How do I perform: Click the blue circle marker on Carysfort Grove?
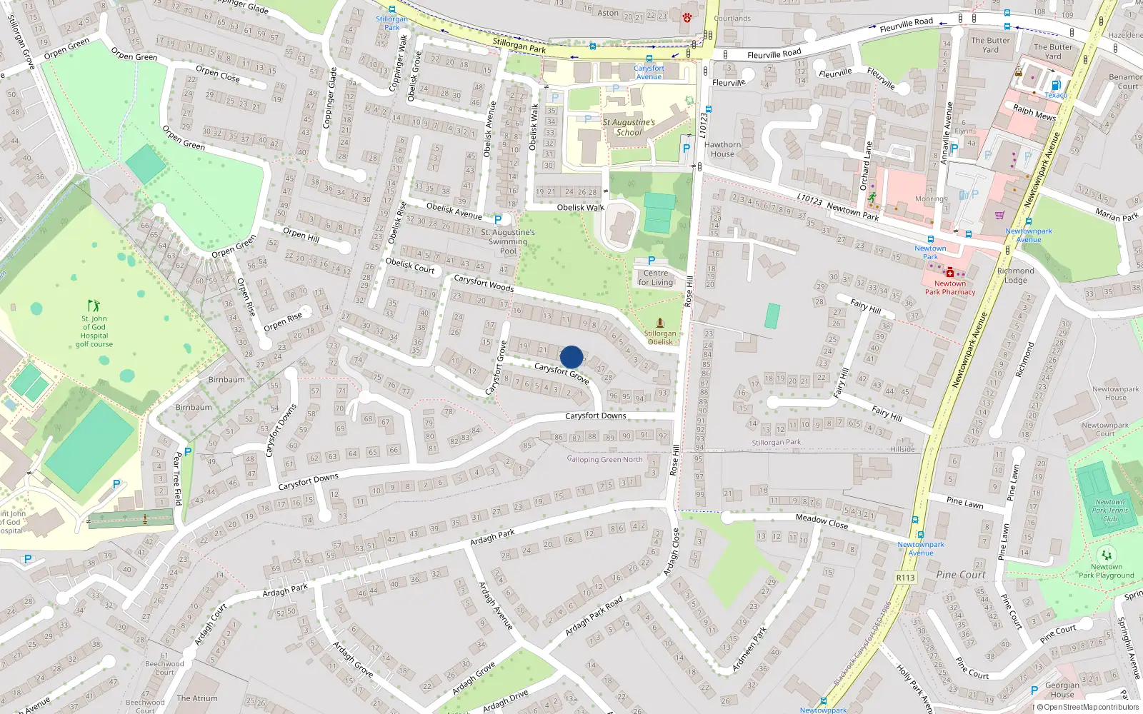click(x=571, y=357)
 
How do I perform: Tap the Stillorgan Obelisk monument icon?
click(x=660, y=323)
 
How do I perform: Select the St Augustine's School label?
click(x=628, y=127)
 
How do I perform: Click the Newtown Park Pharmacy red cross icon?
click(x=949, y=273)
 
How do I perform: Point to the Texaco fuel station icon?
click(x=1056, y=86)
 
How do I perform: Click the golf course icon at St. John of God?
click(x=94, y=306)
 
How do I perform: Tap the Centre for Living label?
click(x=656, y=278)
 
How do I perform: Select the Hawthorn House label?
click(x=722, y=149)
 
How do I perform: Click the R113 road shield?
click(x=905, y=578)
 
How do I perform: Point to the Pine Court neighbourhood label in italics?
click(x=960, y=575)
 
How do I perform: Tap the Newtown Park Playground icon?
click(x=1107, y=555)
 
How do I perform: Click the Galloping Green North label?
click(x=605, y=460)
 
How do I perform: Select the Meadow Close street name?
click(x=822, y=522)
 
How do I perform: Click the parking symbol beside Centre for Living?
click(x=651, y=261)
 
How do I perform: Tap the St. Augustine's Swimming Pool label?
click(x=508, y=241)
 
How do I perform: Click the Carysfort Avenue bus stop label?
click(x=649, y=72)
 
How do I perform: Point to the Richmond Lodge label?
click(x=1015, y=276)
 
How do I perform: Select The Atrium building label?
click(x=197, y=698)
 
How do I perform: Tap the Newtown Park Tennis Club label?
click(x=1109, y=511)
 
